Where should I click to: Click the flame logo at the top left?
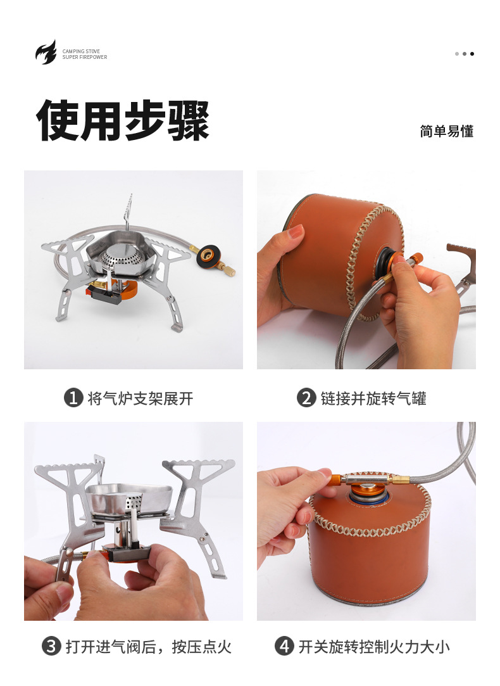[x=46, y=53]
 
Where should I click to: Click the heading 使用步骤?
[x=123, y=120]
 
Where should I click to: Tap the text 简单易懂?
[x=446, y=131]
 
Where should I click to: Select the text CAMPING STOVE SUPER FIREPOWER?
[x=84, y=54]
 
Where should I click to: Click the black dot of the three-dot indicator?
[x=472, y=54]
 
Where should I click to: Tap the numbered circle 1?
[x=73, y=398]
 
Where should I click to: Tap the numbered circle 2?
[x=306, y=398]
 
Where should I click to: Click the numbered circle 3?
[x=51, y=646]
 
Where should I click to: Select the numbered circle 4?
[x=284, y=646]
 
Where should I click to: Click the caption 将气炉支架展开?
[x=140, y=398]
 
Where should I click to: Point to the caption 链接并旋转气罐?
[x=373, y=398]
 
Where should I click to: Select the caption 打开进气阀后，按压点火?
[x=148, y=646]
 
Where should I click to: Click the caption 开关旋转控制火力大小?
[x=373, y=646]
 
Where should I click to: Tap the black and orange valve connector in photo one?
[x=208, y=257]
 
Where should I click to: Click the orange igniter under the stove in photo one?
[x=102, y=293]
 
